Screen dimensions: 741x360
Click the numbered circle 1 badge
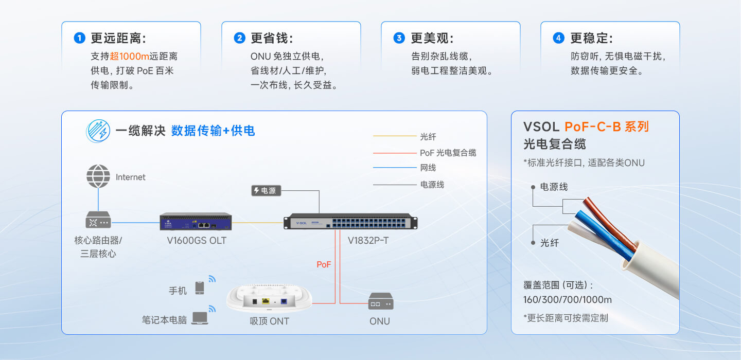pos(79,38)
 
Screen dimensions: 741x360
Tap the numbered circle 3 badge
pos(399,38)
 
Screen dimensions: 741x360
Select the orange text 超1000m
pos(129,56)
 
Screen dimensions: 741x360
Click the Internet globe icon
pos(98,176)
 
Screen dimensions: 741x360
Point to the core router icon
pos(98,220)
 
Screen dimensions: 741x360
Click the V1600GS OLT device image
pos(196,221)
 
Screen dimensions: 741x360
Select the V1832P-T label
pos(368,240)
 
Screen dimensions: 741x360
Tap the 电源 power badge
pos(267,190)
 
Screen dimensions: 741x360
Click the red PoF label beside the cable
pos(324,264)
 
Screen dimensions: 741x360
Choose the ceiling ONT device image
pos(269,298)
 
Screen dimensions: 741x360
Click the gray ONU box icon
pos(381,301)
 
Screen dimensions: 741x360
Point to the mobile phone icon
pos(200,287)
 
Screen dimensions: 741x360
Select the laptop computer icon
pos(200,318)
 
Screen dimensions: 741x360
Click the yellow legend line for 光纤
pos(395,136)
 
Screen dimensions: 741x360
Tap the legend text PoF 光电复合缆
pos(448,153)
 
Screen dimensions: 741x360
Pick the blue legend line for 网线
pos(395,168)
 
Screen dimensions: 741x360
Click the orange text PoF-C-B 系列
pos(607,127)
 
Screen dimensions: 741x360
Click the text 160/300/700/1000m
pos(567,300)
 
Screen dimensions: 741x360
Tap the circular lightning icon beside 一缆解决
pos(98,131)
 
